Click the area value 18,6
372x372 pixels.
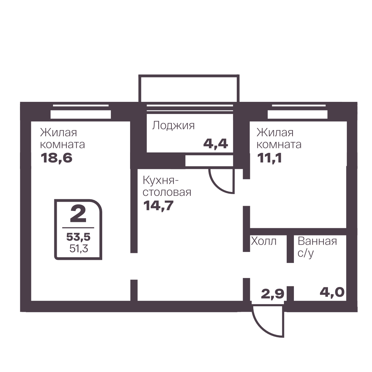click(x=56, y=158)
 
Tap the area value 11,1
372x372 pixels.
click(x=269, y=158)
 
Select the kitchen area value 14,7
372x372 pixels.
click(x=159, y=205)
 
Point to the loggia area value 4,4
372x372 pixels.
click(x=215, y=143)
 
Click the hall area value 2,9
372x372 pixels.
click(x=273, y=294)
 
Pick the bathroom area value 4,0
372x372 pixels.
click(x=332, y=292)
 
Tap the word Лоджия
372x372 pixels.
click(x=173, y=126)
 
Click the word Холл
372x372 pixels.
click(x=264, y=241)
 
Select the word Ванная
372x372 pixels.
click(x=317, y=241)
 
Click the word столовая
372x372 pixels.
click(x=167, y=192)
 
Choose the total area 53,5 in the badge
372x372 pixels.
click(x=78, y=237)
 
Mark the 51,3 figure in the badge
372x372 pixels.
click(x=78, y=248)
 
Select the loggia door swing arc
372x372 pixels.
click(x=217, y=187)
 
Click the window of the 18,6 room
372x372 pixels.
click(x=81, y=111)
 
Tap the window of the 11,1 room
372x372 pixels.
click(x=298, y=111)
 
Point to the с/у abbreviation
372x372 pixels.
click(x=306, y=254)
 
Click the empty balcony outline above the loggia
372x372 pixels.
click(x=189, y=76)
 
